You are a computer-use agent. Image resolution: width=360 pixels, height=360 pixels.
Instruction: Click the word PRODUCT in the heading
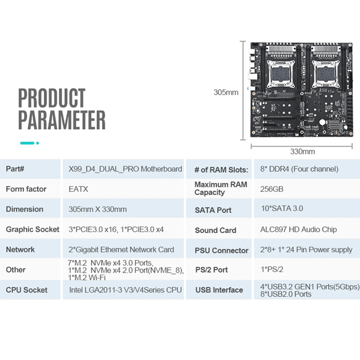tap(52, 98)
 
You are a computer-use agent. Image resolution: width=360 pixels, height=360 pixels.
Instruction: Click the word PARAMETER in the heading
tap(62, 120)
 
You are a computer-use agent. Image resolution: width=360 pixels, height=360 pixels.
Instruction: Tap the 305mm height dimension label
tap(226, 92)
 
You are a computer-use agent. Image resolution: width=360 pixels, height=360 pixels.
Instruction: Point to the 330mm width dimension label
tap(302, 152)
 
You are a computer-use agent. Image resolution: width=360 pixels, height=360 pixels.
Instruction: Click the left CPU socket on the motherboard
tap(281, 74)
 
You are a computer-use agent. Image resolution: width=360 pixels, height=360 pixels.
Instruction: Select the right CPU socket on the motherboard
tap(326, 74)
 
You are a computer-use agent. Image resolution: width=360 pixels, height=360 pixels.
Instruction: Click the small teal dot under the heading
tap(38, 143)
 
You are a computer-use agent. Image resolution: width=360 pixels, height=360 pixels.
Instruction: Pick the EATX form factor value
tap(78, 189)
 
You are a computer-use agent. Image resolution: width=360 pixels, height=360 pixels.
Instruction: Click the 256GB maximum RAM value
tap(272, 189)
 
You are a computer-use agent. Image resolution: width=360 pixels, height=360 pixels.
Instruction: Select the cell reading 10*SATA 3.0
tap(282, 208)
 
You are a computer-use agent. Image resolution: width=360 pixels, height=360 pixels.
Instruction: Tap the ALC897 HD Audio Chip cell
tap(298, 229)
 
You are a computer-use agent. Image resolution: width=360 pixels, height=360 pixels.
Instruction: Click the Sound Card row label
tap(216, 230)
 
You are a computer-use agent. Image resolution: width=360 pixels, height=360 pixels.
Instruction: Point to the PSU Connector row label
tap(221, 250)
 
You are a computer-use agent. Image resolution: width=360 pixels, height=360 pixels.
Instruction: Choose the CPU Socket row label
tap(27, 290)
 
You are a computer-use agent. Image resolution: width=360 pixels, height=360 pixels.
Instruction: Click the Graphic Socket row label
tap(33, 229)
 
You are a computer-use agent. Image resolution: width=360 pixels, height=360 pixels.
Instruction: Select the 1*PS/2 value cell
tap(272, 269)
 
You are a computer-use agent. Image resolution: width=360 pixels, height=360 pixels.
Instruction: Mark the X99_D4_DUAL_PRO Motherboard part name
tap(126, 169)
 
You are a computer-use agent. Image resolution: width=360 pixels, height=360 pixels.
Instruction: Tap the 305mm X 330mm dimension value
tap(98, 209)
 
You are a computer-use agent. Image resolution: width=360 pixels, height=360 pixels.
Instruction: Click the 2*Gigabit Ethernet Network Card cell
tap(121, 250)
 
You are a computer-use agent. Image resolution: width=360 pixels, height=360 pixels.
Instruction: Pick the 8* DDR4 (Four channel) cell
tap(299, 169)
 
